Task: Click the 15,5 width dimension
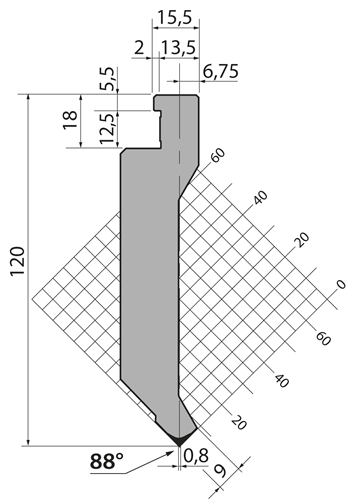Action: click(x=175, y=17)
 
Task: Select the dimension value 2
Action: click(x=139, y=48)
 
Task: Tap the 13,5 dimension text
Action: click(x=178, y=48)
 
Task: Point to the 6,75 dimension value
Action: click(x=221, y=71)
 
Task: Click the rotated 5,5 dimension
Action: click(x=108, y=79)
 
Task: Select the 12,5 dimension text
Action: click(x=108, y=129)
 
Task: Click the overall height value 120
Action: click(x=18, y=262)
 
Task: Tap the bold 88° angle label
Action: click(x=107, y=462)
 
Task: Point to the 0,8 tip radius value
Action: click(x=196, y=455)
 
